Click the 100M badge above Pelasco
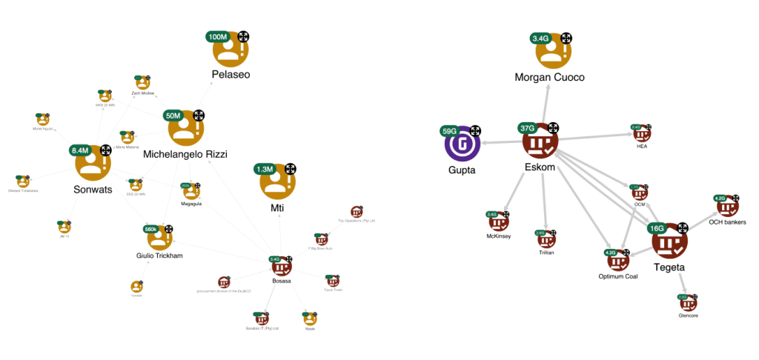click(219, 37)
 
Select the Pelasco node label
click(231, 75)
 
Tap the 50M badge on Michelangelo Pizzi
click(173, 116)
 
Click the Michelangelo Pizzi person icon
click(185, 130)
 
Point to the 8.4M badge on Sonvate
click(80, 150)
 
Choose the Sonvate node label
click(93, 190)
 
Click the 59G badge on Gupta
click(450, 131)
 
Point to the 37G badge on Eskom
click(529, 128)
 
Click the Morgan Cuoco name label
click(551, 77)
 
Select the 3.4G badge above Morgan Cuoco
click(540, 38)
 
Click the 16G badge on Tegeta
click(657, 228)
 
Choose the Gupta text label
click(462, 170)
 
